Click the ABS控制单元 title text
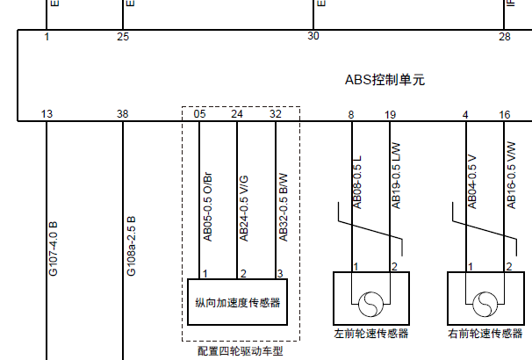(x=385, y=80)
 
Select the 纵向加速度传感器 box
(x=237, y=303)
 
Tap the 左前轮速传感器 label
(x=371, y=334)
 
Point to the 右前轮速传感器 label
(x=485, y=334)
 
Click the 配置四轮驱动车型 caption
(x=241, y=351)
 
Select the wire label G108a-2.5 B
(x=130, y=247)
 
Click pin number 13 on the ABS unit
(x=47, y=114)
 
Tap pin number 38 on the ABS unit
(x=123, y=114)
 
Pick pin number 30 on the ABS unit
(x=313, y=36)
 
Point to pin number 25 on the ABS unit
(x=123, y=36)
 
